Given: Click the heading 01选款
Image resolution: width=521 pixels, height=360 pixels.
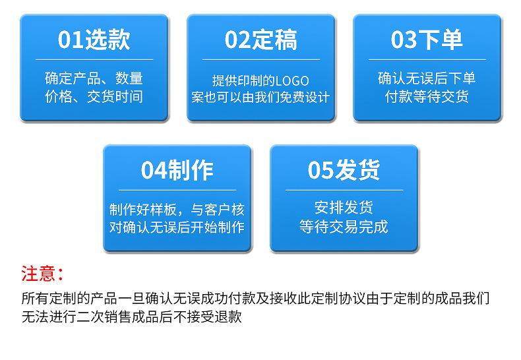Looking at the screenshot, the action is pyautogui.click(x=94, y=40).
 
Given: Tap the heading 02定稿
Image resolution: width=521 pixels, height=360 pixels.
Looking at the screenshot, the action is pyautogui.click(x=261, y=40).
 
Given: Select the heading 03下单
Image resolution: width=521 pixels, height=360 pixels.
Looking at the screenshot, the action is pyautogui.click(x=427, y=40).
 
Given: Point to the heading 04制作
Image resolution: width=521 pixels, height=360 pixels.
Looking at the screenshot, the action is pyautogui.click(x=177, y=170).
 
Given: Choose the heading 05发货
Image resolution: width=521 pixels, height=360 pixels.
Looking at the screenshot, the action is pyautogui.click(x=344, y=170).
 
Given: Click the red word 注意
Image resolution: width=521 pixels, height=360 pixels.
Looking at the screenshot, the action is pyautogui.click(x=38, y=274).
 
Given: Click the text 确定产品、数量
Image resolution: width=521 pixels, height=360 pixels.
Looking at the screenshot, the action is pyautogui.click(x=94, y=78).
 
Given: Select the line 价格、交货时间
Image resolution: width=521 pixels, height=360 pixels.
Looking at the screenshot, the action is pyautogui.click(x=94, y=97).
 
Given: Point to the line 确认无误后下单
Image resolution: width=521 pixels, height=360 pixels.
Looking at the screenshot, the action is pyautogui.click(x=427, y=78).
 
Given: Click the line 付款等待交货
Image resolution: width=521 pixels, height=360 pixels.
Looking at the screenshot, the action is pyautogui.click(x=427, y=97).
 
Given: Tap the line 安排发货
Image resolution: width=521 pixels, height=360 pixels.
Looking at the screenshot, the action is pyautogui.click(x=344, y=208).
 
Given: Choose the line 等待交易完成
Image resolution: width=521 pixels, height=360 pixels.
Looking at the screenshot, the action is pyautogui.click(x=344, y=227).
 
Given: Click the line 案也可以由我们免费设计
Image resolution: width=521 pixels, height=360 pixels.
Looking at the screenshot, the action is pyautogui.click(x=261, y=98).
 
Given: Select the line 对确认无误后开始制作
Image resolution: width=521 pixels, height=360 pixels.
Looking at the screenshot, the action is pyautogui.click(x=177, y=227).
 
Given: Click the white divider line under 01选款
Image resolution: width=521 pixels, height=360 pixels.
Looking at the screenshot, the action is pyautogui.click(x=94, y=60).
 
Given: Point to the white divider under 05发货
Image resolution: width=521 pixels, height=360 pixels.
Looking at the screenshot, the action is pyautogui.click(x=344, y=191).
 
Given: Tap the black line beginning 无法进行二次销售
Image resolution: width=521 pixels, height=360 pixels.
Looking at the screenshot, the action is pyautogui.click(x=132, y=316).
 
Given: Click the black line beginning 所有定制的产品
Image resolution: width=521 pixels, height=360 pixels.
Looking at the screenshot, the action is pyautogui.click(x=255, y=298).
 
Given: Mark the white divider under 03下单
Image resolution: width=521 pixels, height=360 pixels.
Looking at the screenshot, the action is pyautogui.click(x=427, y=60).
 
